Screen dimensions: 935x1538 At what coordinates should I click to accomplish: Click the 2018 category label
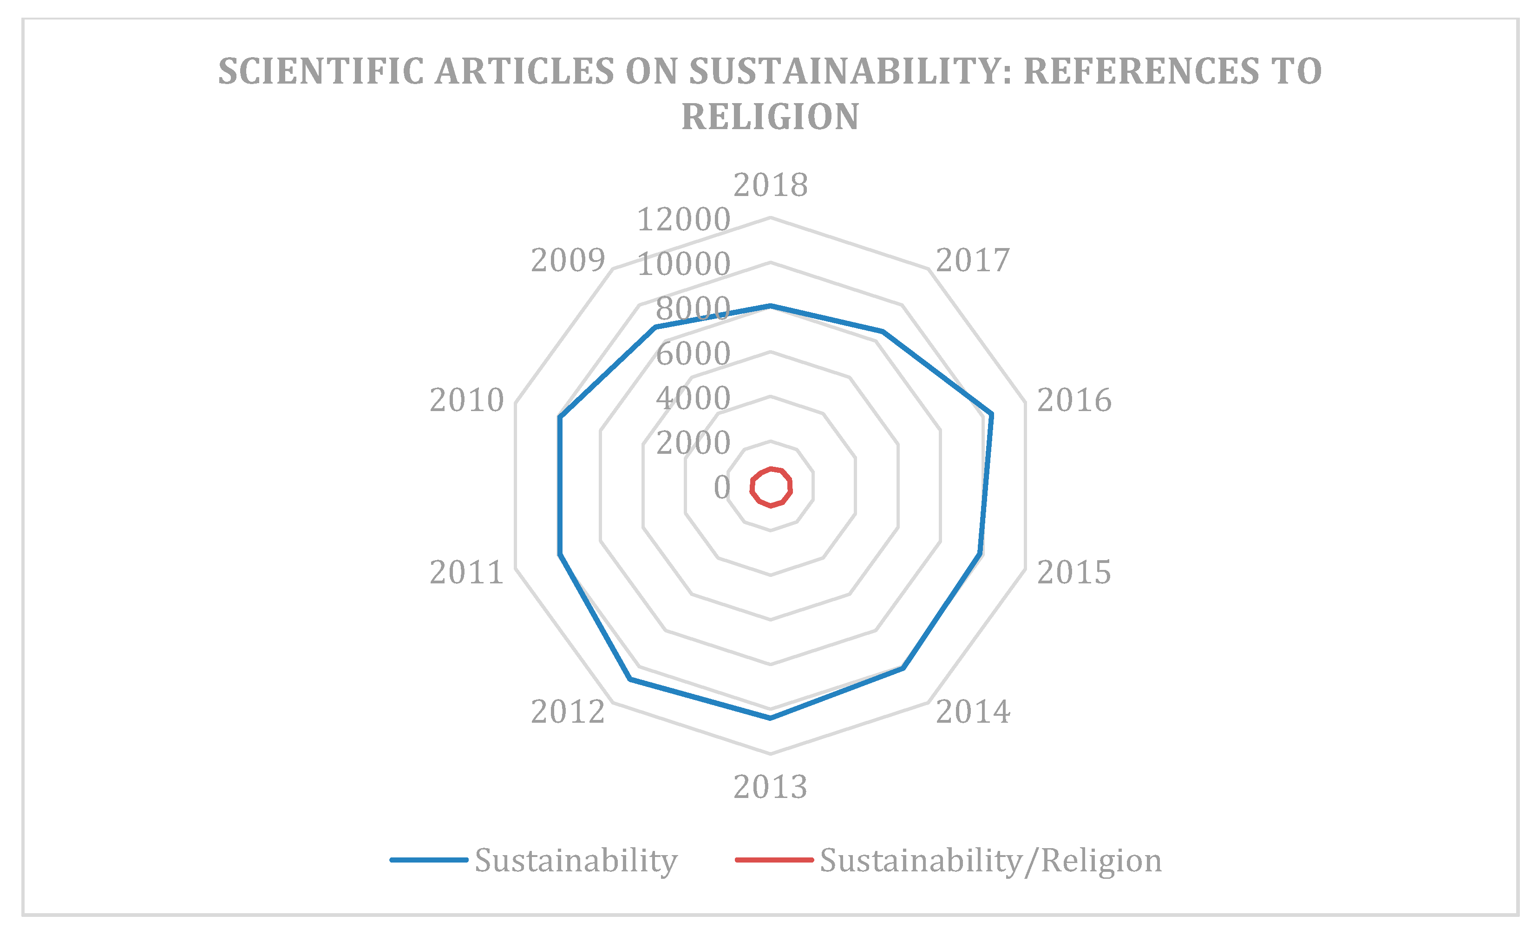[x=770, y=185]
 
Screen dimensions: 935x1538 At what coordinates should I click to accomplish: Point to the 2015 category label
[x=1073, y=572]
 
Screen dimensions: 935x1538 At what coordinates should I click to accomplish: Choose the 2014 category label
[x=973, y=712]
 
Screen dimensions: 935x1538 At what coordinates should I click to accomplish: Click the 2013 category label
[x=770, y=787]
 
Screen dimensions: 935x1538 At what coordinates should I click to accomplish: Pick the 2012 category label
[x=568, y=712]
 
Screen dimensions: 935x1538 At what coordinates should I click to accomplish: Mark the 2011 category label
[x=466, y=572]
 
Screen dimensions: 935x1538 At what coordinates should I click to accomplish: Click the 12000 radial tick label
[x=683, y=220]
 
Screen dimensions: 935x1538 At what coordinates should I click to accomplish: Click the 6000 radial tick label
[x=693, y=354]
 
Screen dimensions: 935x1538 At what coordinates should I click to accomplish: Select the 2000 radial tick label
[x=693, y=443]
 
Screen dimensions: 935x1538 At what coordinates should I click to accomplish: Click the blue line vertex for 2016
[x=992, y=414]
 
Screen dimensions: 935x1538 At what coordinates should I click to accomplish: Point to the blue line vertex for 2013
[x=770, y=719]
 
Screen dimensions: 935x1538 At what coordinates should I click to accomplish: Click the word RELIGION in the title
[x=770, y=117]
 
